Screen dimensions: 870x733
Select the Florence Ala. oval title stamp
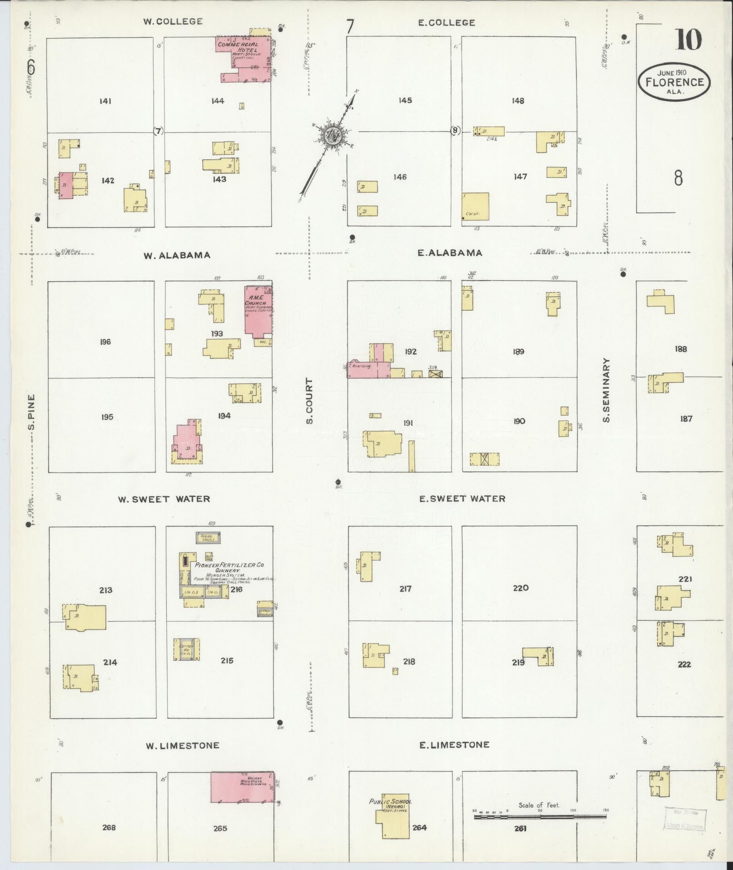click(x=674, y=82)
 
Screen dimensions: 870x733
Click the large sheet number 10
click(x=688, y=40)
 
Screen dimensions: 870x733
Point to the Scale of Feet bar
click(x=540, y=817)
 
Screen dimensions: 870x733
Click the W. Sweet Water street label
click(x=164, y=499)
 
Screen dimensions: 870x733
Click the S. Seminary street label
click(x=606, y=390)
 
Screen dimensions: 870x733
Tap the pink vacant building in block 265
click(x=242, y=787)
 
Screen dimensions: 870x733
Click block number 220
click(x=520, y=588)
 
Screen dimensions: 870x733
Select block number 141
click(x=105, y=101)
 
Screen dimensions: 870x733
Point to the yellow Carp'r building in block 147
click(x=476, y=206)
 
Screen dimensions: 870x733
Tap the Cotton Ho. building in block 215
click(x=186, y=649)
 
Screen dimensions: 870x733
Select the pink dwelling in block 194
click(x=186, y=440)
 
